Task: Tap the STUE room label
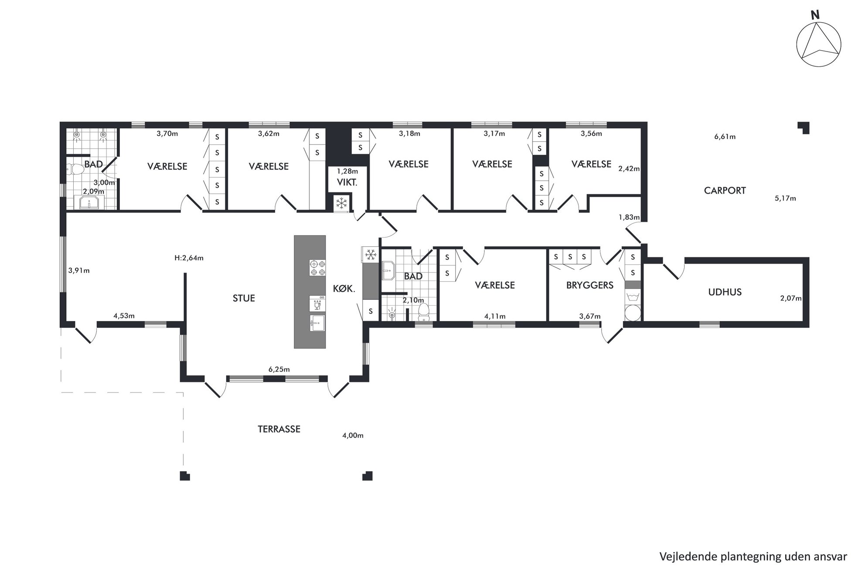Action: click(244, 298)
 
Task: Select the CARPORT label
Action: click(725, 191)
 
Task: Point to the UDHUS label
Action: click(725, 292)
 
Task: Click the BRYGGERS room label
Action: click(589, 285)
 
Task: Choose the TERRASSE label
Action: click(279, 429)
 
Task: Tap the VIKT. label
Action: click(347, 183)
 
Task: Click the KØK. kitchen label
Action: click(344, 288)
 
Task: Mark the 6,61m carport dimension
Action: click(725, 137)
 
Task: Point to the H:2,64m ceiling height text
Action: click(189, 258)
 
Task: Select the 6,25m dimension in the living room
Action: click(279, 369)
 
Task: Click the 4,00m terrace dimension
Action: click(353, 435)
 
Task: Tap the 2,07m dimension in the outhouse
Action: click(791, 298)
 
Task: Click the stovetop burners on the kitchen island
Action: click(317, 268)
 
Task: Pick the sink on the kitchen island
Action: click(317, 323)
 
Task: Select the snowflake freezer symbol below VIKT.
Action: click(341, 203)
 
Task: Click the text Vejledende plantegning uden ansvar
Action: click(753, 557)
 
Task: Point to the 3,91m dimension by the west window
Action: click(79, 270)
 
